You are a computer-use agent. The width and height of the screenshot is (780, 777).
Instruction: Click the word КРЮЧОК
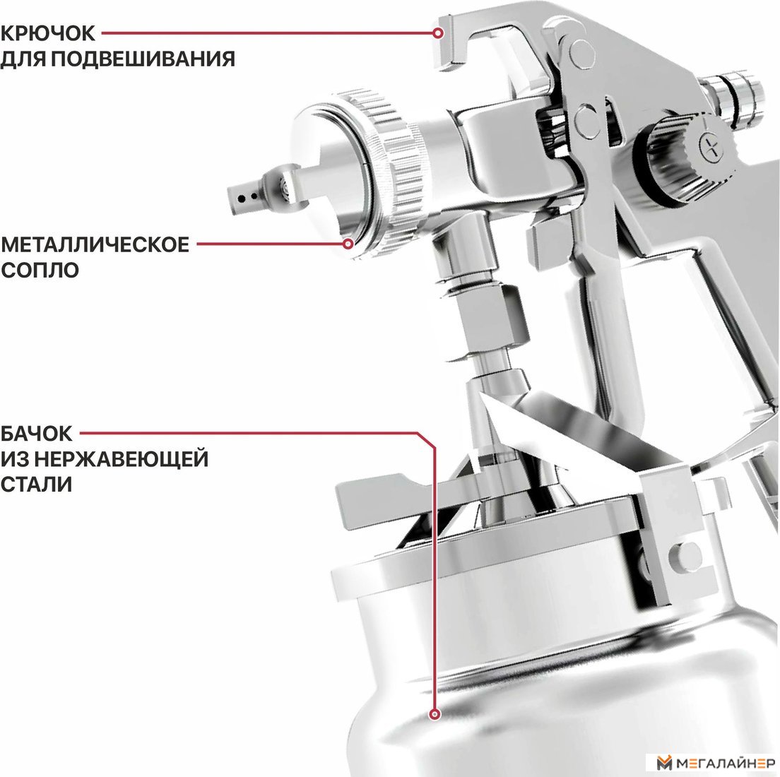coord(47,33)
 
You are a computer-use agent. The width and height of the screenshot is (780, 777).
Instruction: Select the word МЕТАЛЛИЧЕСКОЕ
coord(95,244)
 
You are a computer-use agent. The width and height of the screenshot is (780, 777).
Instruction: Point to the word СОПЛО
coord(40,270)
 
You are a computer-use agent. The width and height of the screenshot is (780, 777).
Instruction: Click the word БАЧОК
coord(36,434)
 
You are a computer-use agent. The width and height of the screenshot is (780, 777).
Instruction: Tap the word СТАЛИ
coord(36,484)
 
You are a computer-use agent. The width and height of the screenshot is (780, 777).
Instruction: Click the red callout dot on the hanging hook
coord(438,33)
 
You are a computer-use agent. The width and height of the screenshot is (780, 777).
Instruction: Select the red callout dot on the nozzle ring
coord(349,244)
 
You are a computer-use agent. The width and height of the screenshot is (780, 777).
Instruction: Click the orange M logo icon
coord(665,763)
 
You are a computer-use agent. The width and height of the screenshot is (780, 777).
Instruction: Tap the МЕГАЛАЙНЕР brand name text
coord(726,763)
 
